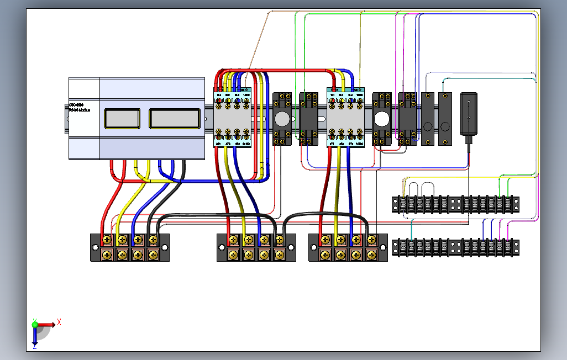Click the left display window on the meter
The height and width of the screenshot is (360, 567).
tap(121, 118)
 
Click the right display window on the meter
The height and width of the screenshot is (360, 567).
tap(174, 118)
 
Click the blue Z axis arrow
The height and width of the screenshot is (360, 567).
tap(34, 339)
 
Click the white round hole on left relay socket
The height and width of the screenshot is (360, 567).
tap(282, 119)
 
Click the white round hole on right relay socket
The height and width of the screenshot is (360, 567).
tap(382, 119)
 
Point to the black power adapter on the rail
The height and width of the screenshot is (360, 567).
tap(469, 114)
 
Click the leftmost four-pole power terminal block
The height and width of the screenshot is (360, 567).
tap(130, 247)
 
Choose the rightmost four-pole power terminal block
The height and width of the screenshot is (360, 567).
tap(348, 247)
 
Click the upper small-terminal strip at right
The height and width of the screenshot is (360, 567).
tap(456, 204)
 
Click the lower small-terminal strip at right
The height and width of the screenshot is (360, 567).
tap(456, 247)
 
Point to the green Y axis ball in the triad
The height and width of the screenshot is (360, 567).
tap(35, 325)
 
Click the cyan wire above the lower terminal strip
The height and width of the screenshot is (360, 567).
tap(412, 229)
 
